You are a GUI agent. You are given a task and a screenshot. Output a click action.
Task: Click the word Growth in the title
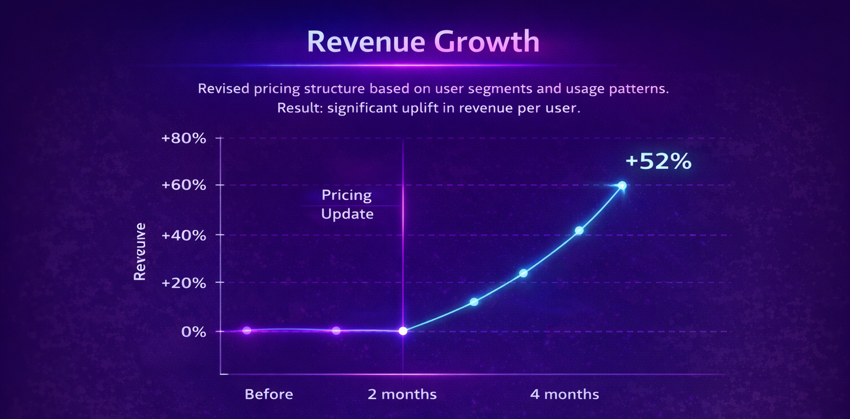pos(486,42)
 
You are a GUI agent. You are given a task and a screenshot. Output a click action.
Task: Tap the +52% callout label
pos(658,161)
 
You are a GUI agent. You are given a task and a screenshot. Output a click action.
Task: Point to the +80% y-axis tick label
pos(183,138)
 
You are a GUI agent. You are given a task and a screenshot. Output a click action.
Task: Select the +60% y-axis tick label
pos(183,185)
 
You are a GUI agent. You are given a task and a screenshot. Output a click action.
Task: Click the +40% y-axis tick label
pos(183,235)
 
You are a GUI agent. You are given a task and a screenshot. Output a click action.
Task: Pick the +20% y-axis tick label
pos(183,283)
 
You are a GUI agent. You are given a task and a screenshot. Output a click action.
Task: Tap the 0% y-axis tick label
pos(194,332)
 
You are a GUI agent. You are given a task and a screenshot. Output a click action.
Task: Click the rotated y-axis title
pos(141,252)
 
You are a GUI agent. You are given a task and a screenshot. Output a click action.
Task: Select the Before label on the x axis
pos(269,394)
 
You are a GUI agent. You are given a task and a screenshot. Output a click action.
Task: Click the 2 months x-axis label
pos(402,394)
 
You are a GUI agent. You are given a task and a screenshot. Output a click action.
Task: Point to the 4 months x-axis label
pos(564,394)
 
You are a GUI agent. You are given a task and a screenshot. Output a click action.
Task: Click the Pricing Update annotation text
pos(347,204)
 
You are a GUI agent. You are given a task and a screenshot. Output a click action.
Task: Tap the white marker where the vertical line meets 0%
pos(403,331)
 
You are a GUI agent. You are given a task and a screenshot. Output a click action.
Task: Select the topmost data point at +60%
pos(622,185)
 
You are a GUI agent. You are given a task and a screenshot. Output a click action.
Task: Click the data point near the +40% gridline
pos(579,230)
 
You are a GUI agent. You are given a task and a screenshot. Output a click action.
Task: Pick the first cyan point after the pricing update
pos(474,302)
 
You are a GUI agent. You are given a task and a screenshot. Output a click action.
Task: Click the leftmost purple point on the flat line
pos(247,330)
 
